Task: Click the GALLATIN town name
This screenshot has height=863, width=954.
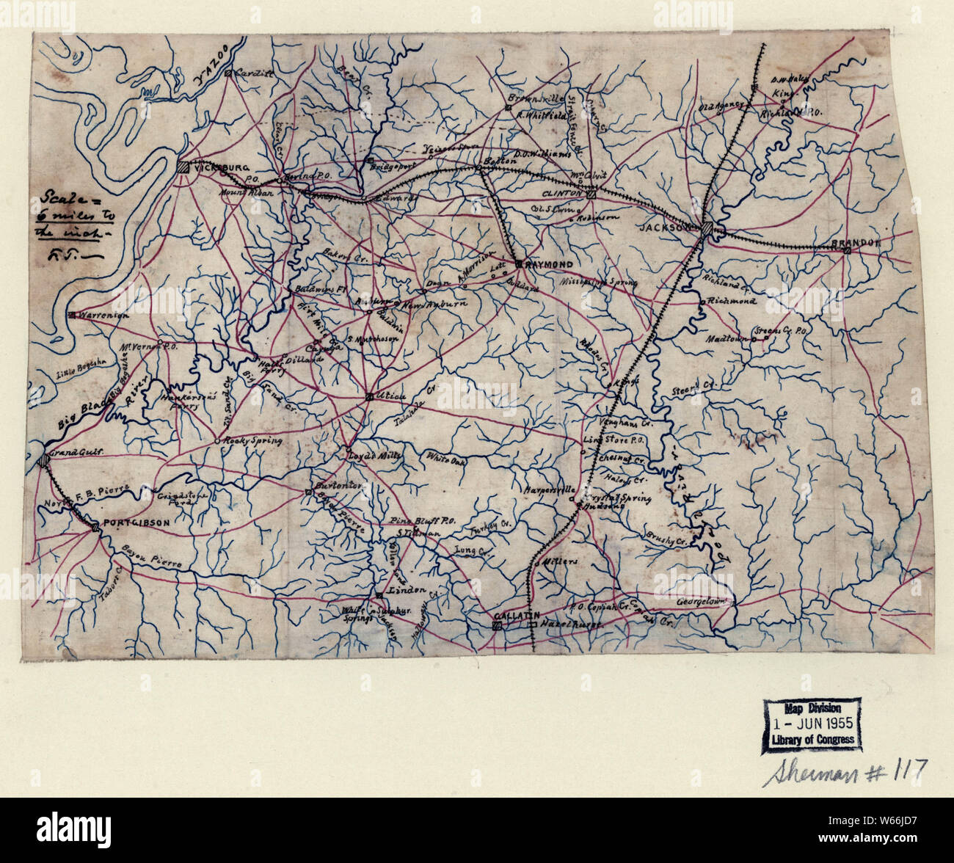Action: tap(517, 614)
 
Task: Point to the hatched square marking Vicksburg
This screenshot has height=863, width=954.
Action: tap(183, 167)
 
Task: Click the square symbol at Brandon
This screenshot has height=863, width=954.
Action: tap(847, 251)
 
